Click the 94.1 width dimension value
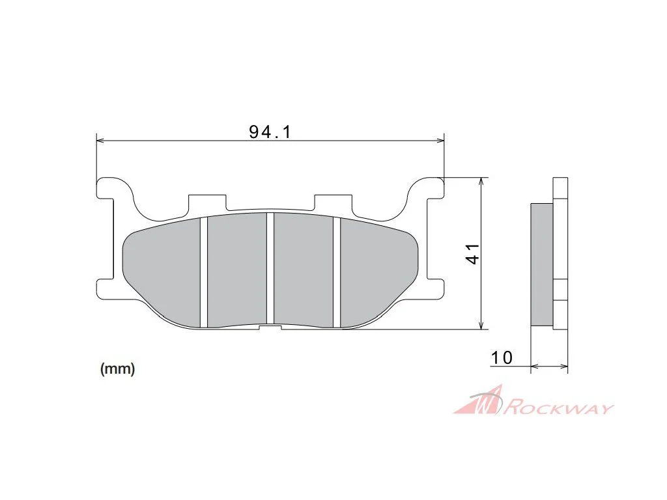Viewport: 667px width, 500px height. [270, 132]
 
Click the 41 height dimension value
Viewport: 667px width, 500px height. [473, 254]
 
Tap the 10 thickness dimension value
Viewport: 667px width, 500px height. [502, 357]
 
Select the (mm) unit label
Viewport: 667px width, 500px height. [117, 368]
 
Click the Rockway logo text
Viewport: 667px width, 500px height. [558, 408]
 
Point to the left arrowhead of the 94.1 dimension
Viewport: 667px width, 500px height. [100, 140]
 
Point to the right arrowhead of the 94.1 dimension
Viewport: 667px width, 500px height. [440, 140]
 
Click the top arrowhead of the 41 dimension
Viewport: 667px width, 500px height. [481, 182]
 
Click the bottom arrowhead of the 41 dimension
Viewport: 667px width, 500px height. [481, 326]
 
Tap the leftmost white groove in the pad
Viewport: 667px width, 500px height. [203, 272]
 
